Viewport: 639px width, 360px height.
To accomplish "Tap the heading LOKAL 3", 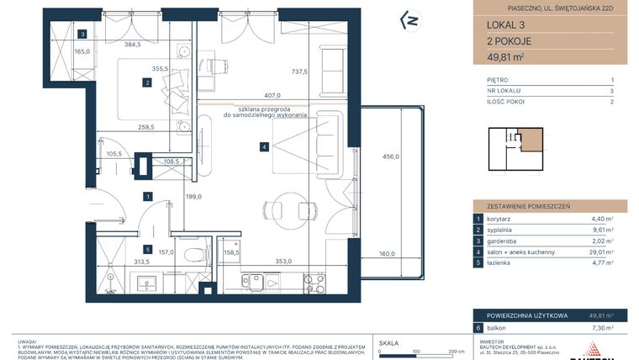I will [x=494, y=25].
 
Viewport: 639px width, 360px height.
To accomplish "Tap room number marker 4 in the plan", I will [x=264, y=147].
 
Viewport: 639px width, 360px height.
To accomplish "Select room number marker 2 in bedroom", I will [x=146, y=82].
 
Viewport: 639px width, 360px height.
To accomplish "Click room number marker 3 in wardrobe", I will [x=83, y=34].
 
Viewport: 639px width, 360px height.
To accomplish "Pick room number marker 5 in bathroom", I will [x=146, y=250].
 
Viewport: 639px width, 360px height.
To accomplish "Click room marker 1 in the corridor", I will [x=148, y=197].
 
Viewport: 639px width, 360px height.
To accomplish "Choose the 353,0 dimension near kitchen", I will [x=278, y=262].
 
